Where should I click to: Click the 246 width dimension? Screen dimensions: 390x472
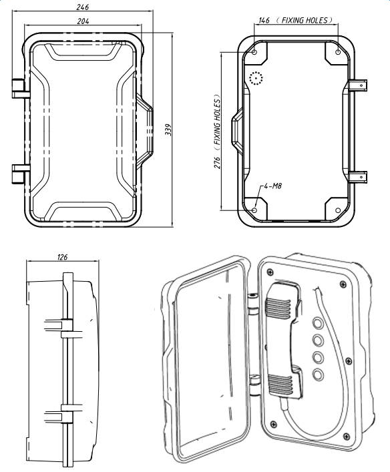(x=83, y=7)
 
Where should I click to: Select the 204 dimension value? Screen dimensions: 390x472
(x=83, y=21)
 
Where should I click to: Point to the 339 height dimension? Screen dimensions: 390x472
(x=168, y=130)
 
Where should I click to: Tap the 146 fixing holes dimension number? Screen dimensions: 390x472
(x=264, y=21)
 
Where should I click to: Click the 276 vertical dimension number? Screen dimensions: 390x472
(x=218, y=162)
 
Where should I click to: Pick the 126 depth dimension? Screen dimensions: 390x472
(x=62, y=257)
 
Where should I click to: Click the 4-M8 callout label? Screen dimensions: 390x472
(x=273, y=186)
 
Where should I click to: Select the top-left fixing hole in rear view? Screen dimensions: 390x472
(x=254, y=52)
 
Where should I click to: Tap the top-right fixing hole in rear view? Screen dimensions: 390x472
(x=338, y=52)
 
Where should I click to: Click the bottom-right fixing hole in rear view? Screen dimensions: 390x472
(x=338, y=210)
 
